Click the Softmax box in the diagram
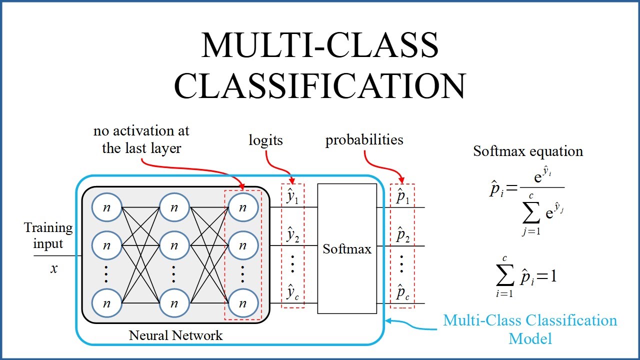pyautogui.click(x=347, y=248)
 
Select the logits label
pyautogui.click(x=265, y=140)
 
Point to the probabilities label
pyautogui.click(x=364, y=140)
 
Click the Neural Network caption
pyautogui.click(x=175, y=335)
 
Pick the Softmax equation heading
pyautogui.click(x=528, y=151)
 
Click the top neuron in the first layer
pyautogui.click(x=106, y=207)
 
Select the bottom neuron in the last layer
pyautogui.click(x=243, y=303)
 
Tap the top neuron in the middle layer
pyautogui.click(x=174, y=207)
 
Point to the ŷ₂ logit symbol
pyautogui.click(x=292, y=235)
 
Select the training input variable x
pyautogui.click(x=54, y=268)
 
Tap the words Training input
pyautogui.click(x=48, y=236)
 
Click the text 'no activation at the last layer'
pyautogui.click(x=141, y=140)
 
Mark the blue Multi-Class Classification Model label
pyautogui.click(x=530, y=329)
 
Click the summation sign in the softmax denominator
pyautogui.click(x=531, y=213)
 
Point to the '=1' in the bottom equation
pyautogui.click(x=546, y=276)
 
